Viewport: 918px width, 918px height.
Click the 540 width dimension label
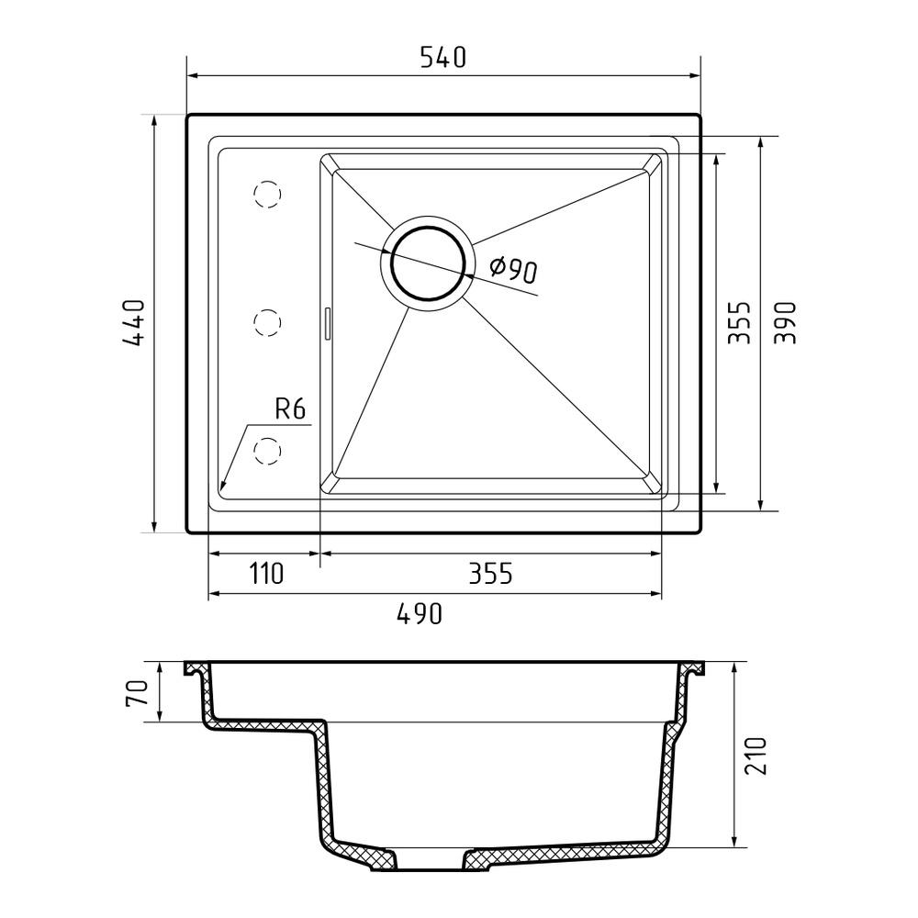tap(443, 57)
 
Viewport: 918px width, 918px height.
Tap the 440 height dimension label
tap(133, 324)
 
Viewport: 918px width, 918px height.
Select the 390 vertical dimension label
tap(786, 322)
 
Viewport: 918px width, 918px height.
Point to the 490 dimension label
tap(420, 613)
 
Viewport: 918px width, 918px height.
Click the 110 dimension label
tap(267, 574)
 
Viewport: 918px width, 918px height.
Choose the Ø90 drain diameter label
tap(513, 269)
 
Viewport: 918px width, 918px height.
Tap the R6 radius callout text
tap(290, 409)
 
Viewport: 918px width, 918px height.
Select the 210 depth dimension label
tap(756, 756)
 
